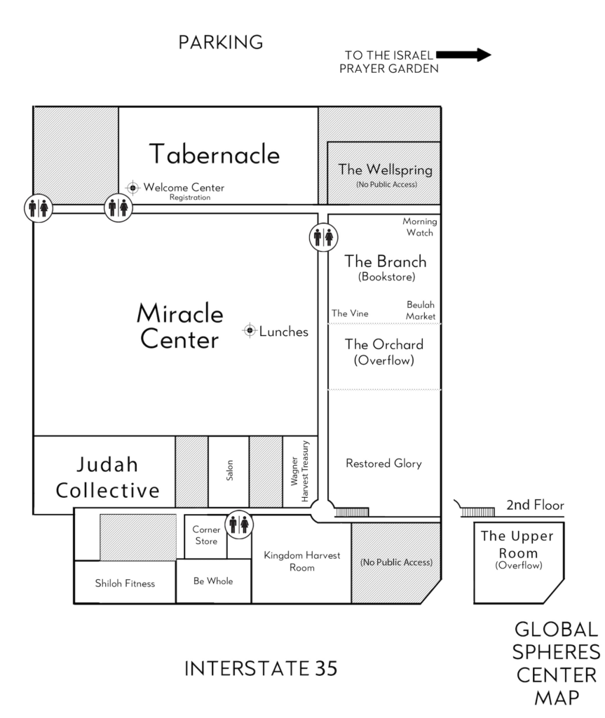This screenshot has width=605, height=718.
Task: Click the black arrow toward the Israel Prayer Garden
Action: tap(463, 55)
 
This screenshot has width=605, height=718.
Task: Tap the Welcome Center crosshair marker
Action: tap(132, 188)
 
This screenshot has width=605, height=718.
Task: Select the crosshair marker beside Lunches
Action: tap(250, 330)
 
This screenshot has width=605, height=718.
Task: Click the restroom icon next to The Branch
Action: tap(323, 237)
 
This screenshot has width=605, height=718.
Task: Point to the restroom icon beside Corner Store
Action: tap(238, 524)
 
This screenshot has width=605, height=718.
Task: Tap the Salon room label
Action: tap(229, 470)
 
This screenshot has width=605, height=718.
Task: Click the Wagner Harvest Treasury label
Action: tap(300, 471)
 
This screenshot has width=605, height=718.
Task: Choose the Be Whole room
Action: tap(213, 581)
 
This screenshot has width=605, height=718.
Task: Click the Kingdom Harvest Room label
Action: tap(302, 562)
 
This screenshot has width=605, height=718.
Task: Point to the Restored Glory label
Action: tap(383, 463)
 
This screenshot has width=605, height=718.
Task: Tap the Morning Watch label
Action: tap(420, 226)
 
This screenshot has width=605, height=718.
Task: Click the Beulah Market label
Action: tap(421, 311)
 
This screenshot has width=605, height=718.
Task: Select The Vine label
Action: tap(350, 313)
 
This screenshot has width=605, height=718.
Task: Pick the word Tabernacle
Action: tap(215, 154)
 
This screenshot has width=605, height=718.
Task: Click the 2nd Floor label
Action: tap(535, 505)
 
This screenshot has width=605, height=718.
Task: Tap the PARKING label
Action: tap(221, 42)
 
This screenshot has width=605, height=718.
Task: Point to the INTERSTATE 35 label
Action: tap(261, 668)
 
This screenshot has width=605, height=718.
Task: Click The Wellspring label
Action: tap(385, 170)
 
